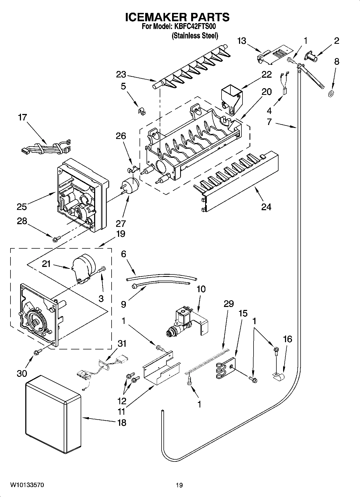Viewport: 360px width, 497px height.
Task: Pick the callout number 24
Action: pyautogui.click(x=266, y=207)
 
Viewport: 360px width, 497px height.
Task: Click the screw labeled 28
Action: pyautogui.click(x=57, y=238)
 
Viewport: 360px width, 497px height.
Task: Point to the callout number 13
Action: pyautogui.click(x=242, y=41)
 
